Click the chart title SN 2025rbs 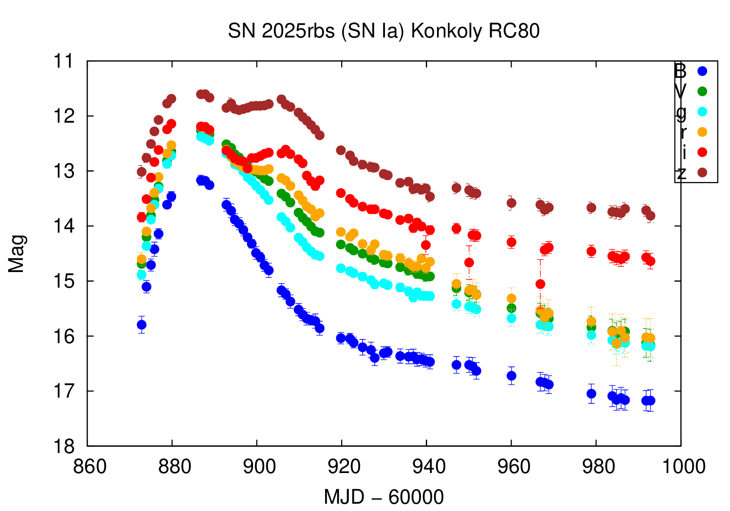coord(383,31)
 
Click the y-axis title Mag coord(17,254)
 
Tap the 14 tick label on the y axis coord(64,226)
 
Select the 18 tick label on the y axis coord(64,446)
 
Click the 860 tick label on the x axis coord(90,467)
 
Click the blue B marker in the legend coord(702,71)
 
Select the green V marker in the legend coord(702,91)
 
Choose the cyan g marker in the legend coord(702,111)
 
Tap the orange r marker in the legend coord(702,132)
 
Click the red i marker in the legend coord(702,152)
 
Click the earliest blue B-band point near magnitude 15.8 coord(142,325)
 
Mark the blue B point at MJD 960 coord(511,376)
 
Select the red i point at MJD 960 coord(511,242)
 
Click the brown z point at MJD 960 coord(511,203)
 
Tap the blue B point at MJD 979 coord(591,393)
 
